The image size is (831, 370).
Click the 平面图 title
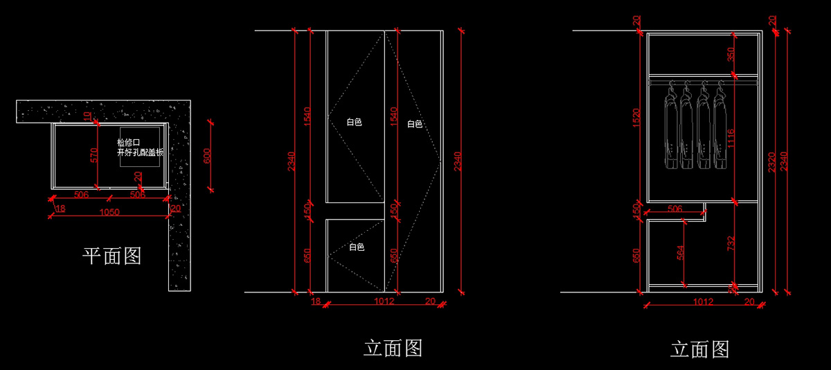click(x=112, y=256)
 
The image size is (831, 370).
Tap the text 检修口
click(x=128, y=143)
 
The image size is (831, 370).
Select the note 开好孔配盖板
click(x=140, y=152)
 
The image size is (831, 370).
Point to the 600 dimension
click(x=206, y=156)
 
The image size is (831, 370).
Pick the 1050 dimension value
click(x=109, y=212)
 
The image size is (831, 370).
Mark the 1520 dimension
click(x=636, y=118)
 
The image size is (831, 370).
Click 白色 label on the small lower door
click(x=356, y=247)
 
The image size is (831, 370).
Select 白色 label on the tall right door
click(x=414, y=125)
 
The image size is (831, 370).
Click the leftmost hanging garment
click(x=670, y=128)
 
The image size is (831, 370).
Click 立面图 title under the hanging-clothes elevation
click(x=699, y=349)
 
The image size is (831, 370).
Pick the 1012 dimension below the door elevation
click(x=384, y=301)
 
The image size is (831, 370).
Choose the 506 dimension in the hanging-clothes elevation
click(x=674, y=208)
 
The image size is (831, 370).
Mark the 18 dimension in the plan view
click(x=60, y=209)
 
